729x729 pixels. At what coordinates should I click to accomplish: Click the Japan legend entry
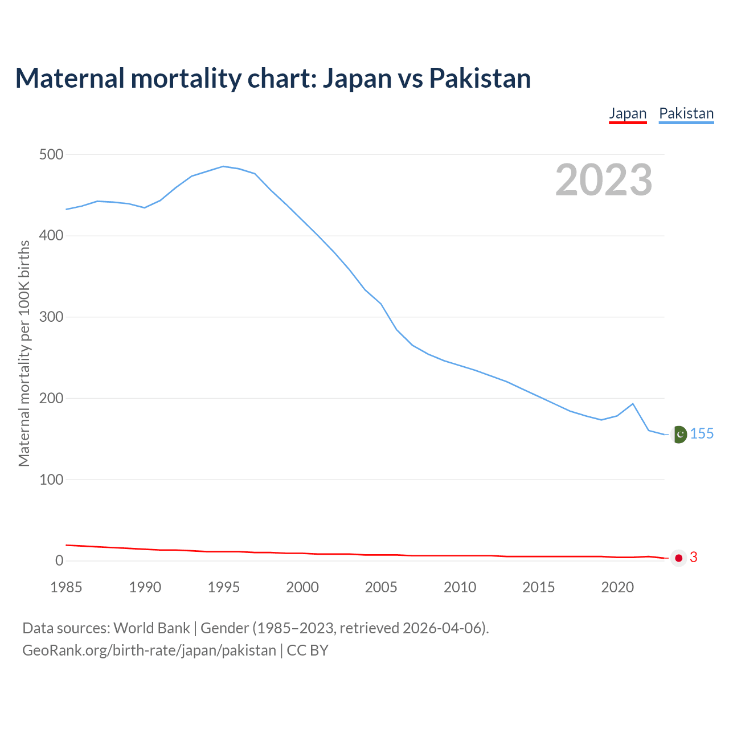[x=628, y=113]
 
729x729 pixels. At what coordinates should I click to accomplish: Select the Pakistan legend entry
[x=686, y=113]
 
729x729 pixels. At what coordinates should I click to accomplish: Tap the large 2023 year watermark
[x=604, y=180]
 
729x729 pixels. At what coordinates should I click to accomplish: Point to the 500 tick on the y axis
[x=51, y=154]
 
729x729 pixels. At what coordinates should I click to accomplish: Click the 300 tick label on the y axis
[x=51, y=317]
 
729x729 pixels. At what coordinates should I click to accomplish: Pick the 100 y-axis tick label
[x=51, y=480]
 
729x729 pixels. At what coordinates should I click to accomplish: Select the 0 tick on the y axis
[x=59, y=561]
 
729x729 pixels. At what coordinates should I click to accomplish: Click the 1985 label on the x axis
[x=66, y=587]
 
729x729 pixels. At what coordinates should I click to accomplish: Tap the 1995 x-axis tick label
[x=224, y=587]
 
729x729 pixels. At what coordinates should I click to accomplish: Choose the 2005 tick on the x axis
[x=381, y=587]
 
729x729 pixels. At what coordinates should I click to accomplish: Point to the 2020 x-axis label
[x=617, y=587]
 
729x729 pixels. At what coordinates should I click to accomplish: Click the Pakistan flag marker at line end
[x=678, y=435]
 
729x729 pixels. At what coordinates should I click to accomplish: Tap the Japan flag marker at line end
[x=678, y=558]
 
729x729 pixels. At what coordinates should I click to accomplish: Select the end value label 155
[x=702, y=434]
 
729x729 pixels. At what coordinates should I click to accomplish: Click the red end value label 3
[x=694, y=558]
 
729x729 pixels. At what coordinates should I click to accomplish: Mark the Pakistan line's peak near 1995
[x=223, y=166]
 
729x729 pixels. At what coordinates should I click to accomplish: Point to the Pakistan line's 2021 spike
[x=633, y=404]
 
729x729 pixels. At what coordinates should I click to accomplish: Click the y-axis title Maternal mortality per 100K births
[x=24, y=353]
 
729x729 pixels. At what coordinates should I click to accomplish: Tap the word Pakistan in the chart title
[x=480, y=78]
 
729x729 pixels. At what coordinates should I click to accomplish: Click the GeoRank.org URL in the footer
[x=149, y=650]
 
